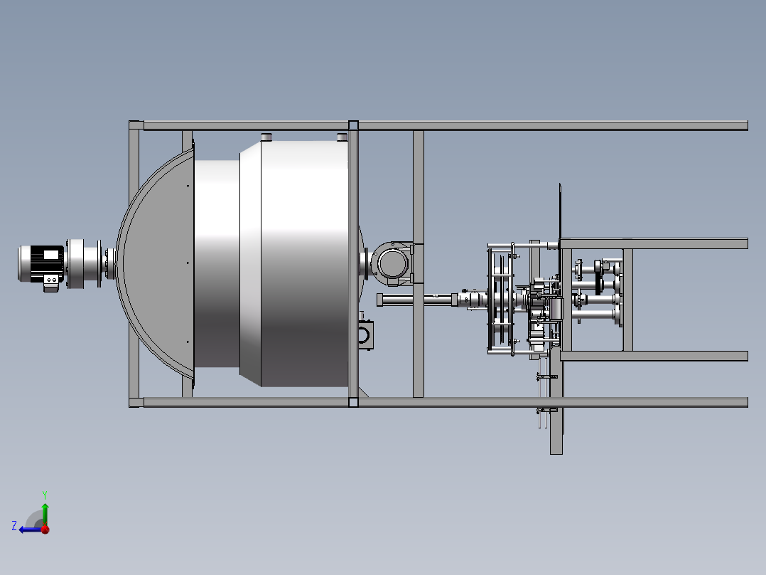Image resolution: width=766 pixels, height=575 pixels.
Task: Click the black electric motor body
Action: click(47, 264)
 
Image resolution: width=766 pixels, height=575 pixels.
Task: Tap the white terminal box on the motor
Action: click(51, 255)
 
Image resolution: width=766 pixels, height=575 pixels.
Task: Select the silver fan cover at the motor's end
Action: click(24, 264)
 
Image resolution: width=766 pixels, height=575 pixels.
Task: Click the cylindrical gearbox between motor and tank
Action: click(83, 263)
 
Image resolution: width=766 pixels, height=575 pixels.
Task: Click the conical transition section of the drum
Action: click(250, 264)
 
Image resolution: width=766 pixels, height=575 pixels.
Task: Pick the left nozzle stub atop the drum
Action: click(266, 137)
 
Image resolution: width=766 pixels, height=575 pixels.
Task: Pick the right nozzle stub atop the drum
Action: click(342, 137)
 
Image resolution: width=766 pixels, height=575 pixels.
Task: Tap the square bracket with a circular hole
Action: click(366, 334)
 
